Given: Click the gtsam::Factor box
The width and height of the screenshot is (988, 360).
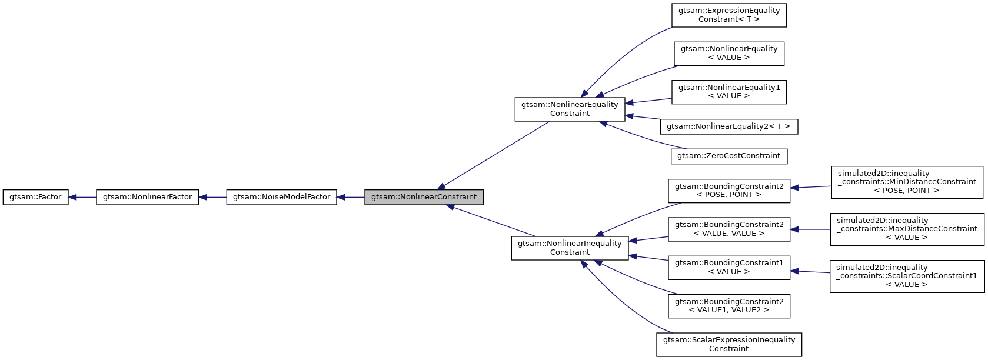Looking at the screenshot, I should tap(35, 197).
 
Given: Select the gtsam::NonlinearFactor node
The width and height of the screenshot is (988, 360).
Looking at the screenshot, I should tap(147, 197).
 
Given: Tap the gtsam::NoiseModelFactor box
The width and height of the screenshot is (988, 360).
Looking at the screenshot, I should tap(281, 197).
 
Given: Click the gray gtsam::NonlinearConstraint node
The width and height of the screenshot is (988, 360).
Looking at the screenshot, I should tap(424, 197).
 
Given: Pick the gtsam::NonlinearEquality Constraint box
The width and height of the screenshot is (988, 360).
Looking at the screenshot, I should tap(570, 109).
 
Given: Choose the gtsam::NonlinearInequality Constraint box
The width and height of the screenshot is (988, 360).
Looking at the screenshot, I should tap(570, 248).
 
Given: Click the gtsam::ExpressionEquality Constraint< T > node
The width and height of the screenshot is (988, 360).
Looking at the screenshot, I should tap(729, 15).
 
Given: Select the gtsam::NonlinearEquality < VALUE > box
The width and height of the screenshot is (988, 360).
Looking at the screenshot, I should tap(729, 53).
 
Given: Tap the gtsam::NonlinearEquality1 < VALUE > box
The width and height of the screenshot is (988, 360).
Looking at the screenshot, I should tap(729, 92).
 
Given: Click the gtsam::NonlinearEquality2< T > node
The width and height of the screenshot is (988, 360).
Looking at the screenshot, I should tap(729, 126).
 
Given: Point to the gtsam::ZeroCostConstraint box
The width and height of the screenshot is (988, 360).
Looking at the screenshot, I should tap(729, 156).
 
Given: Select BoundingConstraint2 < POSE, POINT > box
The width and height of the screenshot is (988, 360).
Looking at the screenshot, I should tap(729, 191).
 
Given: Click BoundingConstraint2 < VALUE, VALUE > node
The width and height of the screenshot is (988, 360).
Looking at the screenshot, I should tap(729, 229).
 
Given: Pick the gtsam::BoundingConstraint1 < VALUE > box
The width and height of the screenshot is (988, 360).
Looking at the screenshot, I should tap(729, 267).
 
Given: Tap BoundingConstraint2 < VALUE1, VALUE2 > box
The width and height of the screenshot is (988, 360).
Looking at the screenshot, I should tap(729, 306).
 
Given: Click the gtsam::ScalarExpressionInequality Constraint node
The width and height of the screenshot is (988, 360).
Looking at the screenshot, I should tap(729, 344).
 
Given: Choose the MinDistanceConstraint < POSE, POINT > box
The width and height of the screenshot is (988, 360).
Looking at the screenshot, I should tap(907, 182).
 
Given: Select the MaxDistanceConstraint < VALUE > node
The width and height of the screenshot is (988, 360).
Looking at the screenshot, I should tap(907, 229).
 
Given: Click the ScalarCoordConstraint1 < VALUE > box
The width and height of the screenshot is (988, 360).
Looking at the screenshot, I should tap(907, 276).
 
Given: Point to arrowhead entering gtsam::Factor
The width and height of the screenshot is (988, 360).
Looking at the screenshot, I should tap(73, 197).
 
